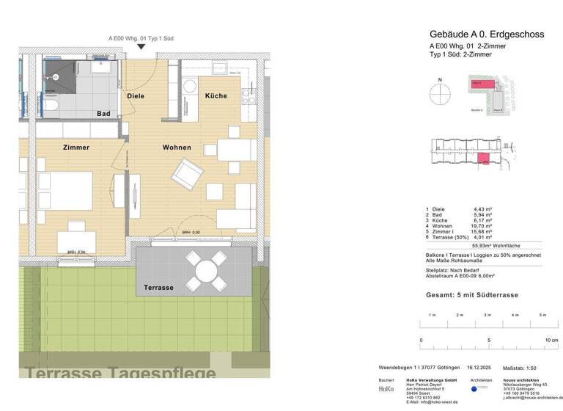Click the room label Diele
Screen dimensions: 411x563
[136, 96]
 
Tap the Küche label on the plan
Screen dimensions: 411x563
[216, 96]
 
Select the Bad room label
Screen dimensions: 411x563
[104, 114]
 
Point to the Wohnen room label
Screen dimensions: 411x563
[177, 148]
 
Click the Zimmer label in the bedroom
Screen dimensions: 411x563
[76, 148]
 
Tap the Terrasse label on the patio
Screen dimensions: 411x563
[158, 288]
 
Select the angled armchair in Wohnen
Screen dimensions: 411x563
[186, 175]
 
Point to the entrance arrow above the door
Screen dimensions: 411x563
[140, 48]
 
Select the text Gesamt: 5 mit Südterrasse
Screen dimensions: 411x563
[472, 295]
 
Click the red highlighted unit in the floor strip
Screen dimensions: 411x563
[482, 159]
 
